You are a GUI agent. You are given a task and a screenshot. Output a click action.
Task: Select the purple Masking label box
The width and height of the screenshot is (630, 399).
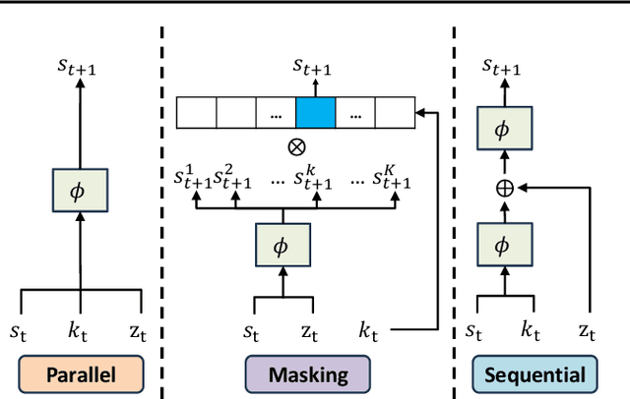(x=308, y=373)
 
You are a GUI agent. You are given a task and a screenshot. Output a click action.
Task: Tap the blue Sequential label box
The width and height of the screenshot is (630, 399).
(x=534, y=373)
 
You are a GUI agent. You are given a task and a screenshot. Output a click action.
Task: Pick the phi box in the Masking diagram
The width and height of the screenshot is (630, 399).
(x=283, y=243)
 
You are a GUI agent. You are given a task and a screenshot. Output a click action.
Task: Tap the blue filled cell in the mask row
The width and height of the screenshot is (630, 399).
(x=315, y=114)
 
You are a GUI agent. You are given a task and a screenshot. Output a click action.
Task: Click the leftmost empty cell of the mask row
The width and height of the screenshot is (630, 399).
(x=195, y=114)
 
